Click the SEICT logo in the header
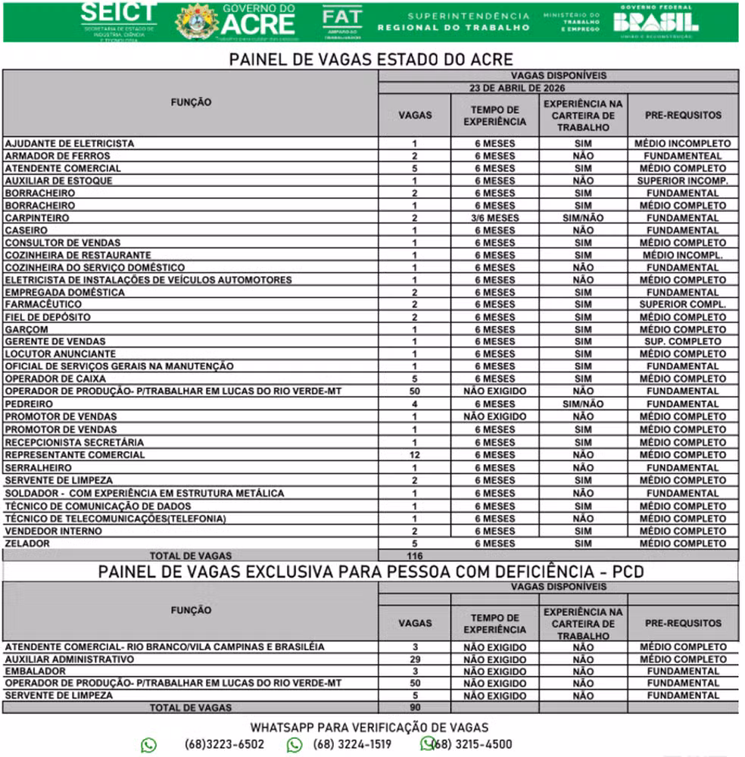click(x=119, y=20)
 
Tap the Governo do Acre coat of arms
click(x=197, y=21)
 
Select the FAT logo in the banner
click(x=341, y=21)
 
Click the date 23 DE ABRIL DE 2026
click(x=559, y=88)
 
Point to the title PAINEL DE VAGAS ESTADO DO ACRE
click(x=371, y=60)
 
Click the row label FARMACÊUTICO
click(x=43, y=304)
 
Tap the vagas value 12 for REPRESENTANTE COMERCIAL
click(x=414, y=455)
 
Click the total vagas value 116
click(x=414, y=556)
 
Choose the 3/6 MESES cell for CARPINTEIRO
click(x=494, y=218)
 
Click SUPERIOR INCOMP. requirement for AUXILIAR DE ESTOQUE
click(x=683, y=181)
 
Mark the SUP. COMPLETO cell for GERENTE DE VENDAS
click(x=683, y=341)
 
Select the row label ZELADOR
click(x=27, y=543)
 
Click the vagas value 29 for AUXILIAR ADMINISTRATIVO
click(x=414, y=659)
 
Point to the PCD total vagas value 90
click(x=414, y=708)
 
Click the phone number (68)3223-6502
click(x=224, y=744)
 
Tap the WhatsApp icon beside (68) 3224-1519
click(x=295, y=745)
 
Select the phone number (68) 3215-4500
click(x=472, y=744)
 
